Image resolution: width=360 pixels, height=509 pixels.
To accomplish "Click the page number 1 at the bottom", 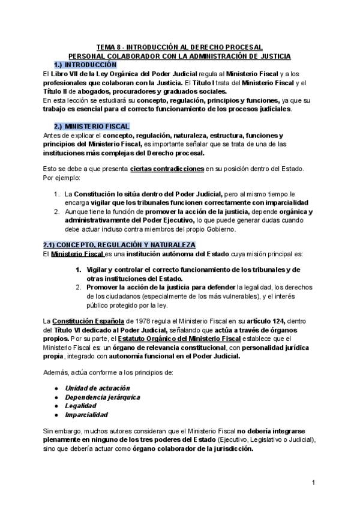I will pos(314,482).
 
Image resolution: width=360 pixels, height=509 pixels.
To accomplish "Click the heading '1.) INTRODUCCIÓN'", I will pos(85,64).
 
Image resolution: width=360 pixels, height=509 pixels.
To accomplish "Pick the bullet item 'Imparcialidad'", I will pos(86,414).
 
